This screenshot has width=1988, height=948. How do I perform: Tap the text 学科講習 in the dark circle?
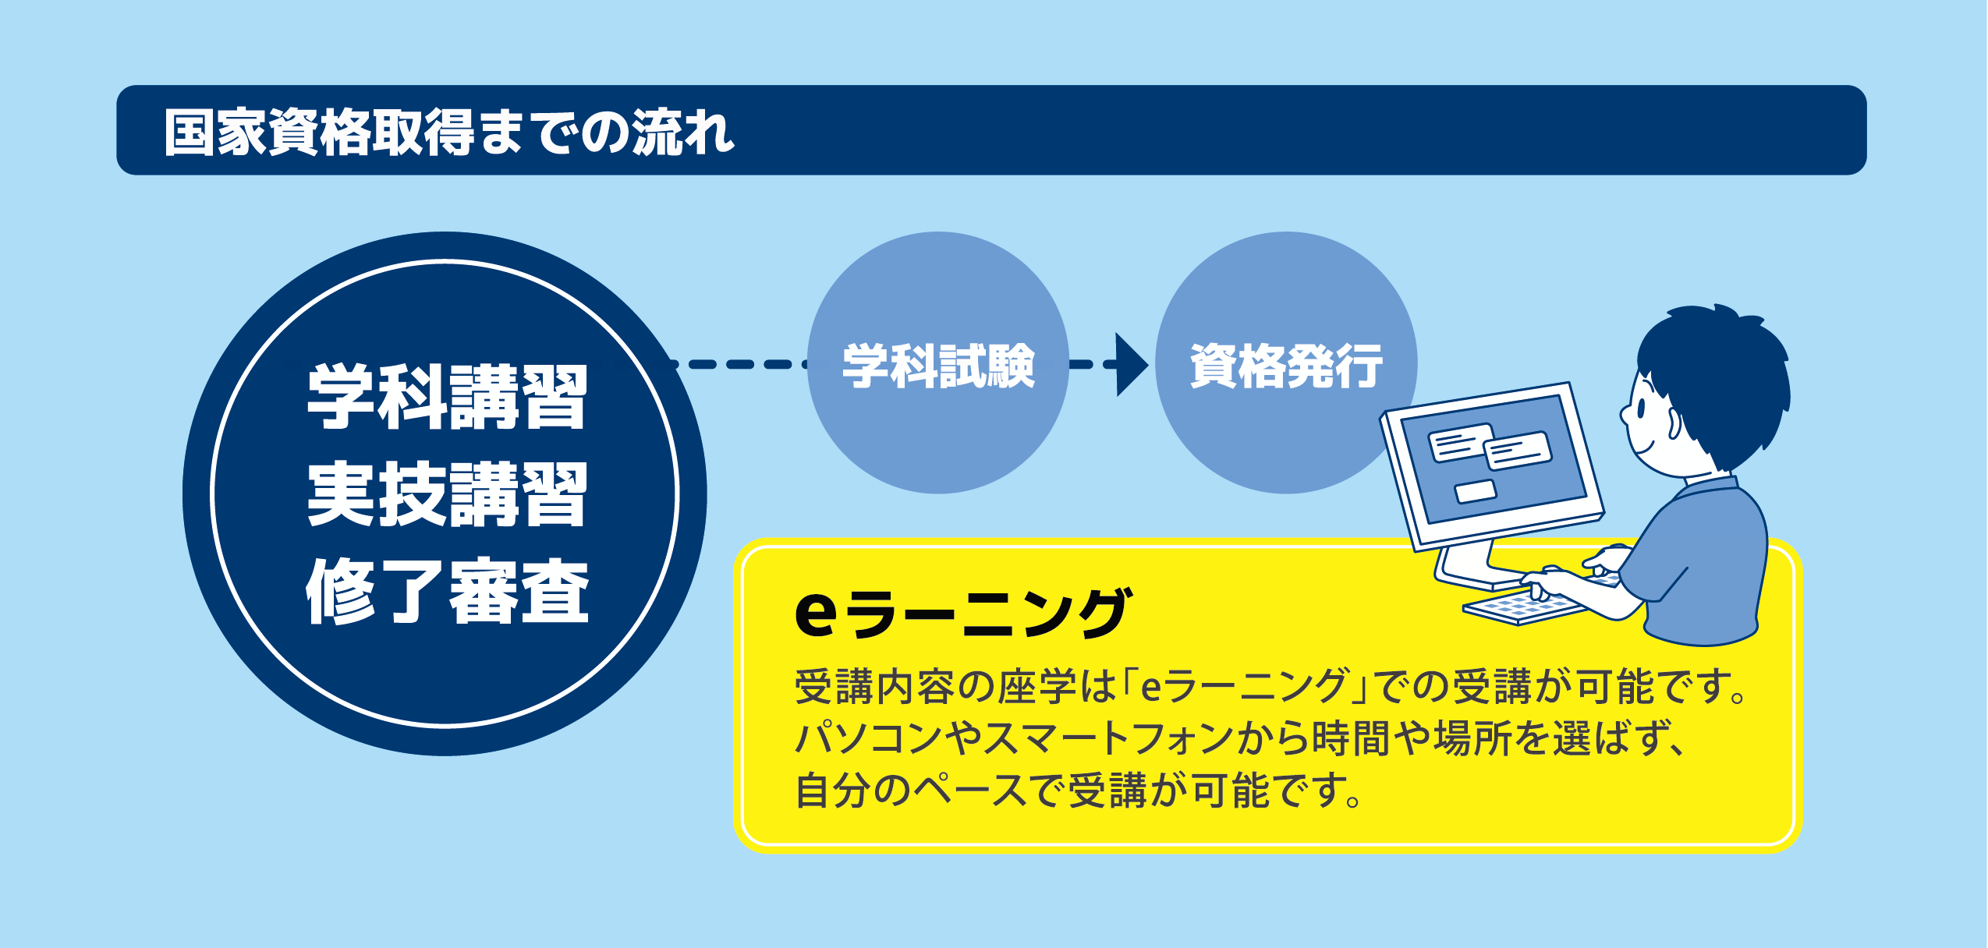point(446,397)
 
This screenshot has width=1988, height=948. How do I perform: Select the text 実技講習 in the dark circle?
point(446,493)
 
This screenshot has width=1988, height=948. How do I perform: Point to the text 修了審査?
point(446,590)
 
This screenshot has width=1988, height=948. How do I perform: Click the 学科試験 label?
point(938,365)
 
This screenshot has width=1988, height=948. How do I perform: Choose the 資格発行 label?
point(1286,365)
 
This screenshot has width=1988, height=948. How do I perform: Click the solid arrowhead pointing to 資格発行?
point(1132,364)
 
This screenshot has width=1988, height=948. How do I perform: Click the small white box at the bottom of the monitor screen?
point(1475,491)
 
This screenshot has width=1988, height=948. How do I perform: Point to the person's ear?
point(1672,422)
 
